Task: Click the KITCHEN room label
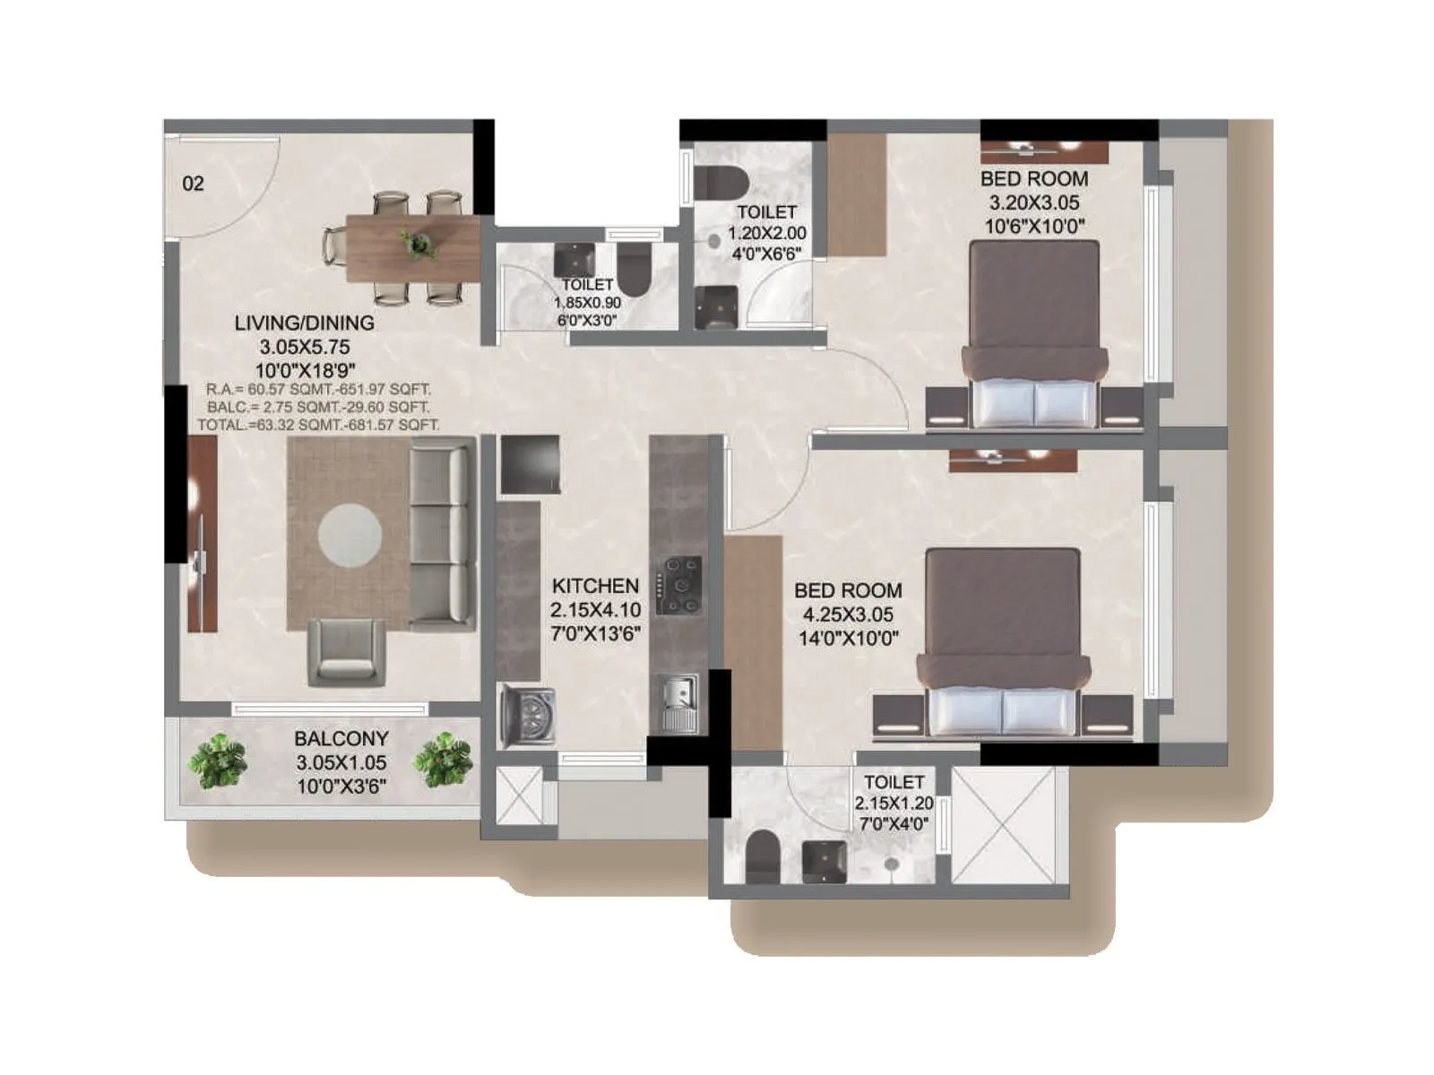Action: coord(595,586)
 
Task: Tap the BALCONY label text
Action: coord(341,739)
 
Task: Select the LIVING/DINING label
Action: coord(304,322)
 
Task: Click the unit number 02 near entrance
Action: coord(193,184)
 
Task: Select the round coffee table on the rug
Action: coord(350,535)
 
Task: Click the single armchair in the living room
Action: coord(348,653)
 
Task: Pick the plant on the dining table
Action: coord(418,243)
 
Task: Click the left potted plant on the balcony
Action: coord(218,760)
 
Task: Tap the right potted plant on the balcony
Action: coord(442,760)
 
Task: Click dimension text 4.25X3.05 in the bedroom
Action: coord(848,615)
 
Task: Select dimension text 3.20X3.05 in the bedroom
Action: coord(1033,202)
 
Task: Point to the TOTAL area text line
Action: coord(318,425)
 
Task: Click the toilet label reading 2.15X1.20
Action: coord(894,804)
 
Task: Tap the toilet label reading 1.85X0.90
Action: coord(587,303)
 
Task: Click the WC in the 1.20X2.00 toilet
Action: coord(721,182)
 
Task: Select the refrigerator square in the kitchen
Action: coord(530,464)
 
